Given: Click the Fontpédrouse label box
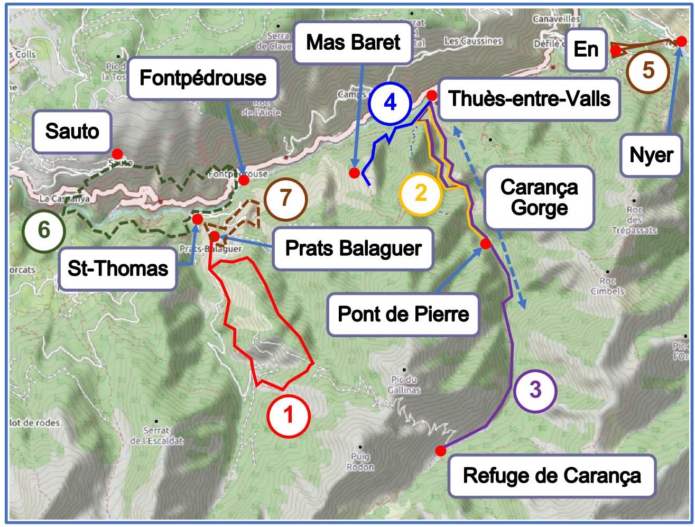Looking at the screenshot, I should click(203, 78).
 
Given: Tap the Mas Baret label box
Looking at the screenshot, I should click(353, 42).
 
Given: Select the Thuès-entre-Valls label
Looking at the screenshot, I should click(529, 99).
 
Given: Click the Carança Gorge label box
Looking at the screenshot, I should click(539, 198).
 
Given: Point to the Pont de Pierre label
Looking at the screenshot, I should click(403, 315).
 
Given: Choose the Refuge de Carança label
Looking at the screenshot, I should click(552, 476).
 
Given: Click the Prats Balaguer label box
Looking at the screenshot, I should click(354, 248).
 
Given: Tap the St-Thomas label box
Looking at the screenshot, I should click(117, 269).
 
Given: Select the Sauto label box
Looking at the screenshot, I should click(72, 131).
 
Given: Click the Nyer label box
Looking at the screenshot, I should click(651, 155).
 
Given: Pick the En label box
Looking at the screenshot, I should click(586, 50).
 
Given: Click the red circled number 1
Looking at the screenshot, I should click(288, 415).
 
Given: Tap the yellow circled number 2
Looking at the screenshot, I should click(421, 193).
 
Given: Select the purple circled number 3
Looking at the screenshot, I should click(535, 390).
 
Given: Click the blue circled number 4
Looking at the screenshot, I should click(390, 103).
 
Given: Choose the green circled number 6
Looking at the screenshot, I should click(43, 230).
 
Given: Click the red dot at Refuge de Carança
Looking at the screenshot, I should click(440, 450).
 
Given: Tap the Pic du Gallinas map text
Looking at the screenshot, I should click(404, 385).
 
